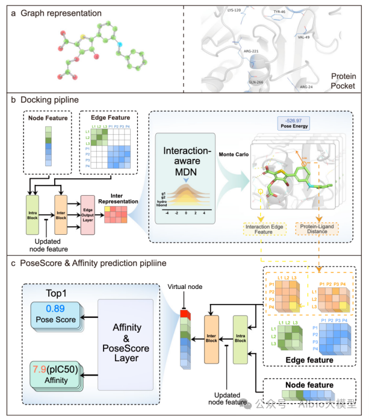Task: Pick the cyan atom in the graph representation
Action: pyautogui.click(x=119, y=45)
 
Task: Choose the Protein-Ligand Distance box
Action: pyautogui.click(x=317, y=229)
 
